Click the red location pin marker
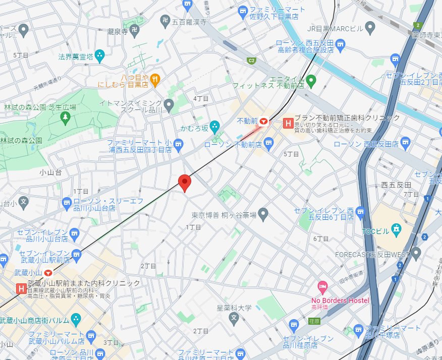[x=185, y=183]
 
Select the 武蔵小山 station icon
[x=48, y=272]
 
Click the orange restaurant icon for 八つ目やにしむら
[x=155, y=78]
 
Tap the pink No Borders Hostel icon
[x=322, y=287]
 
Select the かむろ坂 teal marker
[x=215, y=125]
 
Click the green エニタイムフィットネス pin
[x=311, y=80]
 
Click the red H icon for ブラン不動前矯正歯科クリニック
[x=288, y=123]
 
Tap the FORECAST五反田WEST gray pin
[x=416, y=253]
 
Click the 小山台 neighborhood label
[x=50, y=172]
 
